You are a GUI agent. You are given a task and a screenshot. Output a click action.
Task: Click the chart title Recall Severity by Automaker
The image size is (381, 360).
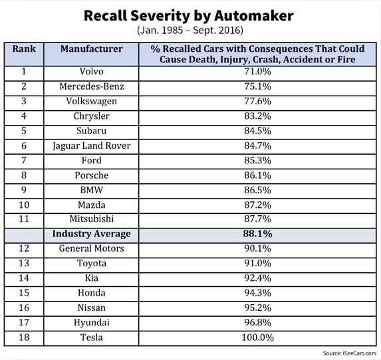tap(189, 16)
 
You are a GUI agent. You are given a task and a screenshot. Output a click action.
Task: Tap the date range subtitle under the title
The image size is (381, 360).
tap(190, 31)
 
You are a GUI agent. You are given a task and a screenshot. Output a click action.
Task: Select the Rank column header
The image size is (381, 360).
tap(24, 48)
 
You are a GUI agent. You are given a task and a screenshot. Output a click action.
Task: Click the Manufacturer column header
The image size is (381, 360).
tap(92, 48)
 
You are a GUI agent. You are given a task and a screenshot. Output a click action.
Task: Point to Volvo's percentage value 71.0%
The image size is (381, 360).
tap(257, 72)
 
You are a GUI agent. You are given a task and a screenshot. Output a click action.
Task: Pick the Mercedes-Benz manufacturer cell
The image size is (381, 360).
tap(92, 86)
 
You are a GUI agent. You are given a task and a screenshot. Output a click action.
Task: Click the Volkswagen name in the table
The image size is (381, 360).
tap(92, 102)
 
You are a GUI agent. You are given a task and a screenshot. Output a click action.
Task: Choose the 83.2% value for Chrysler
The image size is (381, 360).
tap(257, 116)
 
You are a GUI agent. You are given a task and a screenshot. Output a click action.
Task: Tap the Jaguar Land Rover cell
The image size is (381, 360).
tap(92, 146)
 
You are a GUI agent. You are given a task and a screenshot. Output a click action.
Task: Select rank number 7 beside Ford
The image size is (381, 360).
tap(24, 161)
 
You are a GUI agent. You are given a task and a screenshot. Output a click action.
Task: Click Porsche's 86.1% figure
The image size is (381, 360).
tap(257, 175)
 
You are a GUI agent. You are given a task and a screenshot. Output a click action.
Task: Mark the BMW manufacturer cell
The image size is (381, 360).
tap(92, 190)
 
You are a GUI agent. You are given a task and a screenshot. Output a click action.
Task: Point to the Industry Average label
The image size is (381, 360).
tap(92, 234)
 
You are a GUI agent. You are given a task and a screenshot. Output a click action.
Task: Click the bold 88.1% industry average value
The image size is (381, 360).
tap(257, 234)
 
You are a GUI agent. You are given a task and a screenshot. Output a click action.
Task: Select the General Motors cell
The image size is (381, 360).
tap(92, 248)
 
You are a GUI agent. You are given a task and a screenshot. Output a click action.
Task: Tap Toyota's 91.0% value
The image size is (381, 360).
tap(257, 264)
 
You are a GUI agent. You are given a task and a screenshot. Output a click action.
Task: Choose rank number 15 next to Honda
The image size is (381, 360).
tap(24, 293)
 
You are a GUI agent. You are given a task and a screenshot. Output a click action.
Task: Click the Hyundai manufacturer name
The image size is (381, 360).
tap(92, 323)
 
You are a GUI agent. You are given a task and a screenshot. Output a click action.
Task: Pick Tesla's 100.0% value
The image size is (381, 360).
tap(257, 337)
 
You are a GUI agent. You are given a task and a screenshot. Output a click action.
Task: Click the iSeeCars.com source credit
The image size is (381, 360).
tap(349, 353)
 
